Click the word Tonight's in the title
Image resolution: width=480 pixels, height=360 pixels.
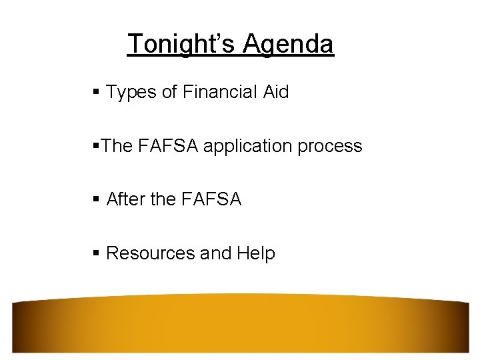coord(181,44)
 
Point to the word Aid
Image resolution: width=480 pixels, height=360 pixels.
coord(276,93)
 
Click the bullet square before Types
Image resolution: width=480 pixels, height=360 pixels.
coord(97,93)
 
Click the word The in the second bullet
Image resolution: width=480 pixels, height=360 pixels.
coord(117,147)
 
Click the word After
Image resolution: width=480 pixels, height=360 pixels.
coord(127,199)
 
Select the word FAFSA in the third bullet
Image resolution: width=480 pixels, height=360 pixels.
coord(211,199)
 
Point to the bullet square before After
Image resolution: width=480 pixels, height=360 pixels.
coord(97,199)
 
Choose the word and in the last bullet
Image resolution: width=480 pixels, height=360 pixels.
coord(215,253)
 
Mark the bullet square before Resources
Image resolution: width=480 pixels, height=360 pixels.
coord(97,253)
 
